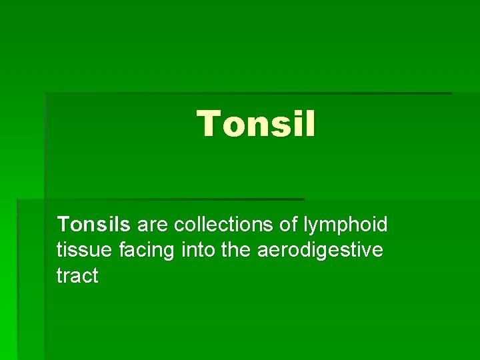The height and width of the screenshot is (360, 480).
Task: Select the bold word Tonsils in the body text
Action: [95, 225]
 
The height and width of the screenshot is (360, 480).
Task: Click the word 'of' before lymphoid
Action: [289, 225]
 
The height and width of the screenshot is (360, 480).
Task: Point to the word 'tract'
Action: [77, 275]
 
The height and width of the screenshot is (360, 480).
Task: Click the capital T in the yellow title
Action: [209, 124]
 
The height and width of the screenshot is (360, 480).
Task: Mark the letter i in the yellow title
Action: [298, 124]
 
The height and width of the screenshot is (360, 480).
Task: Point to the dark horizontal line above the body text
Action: [160, 199]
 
